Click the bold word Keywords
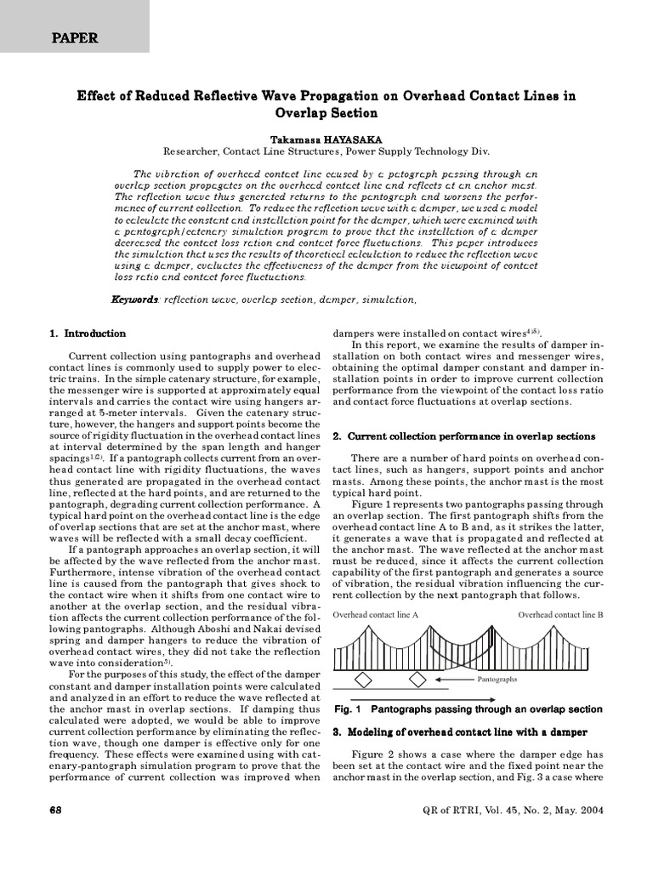(x=134, y=300)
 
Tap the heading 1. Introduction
(x=88, y=333)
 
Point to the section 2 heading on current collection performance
(x=463, y=436)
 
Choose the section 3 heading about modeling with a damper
(x=459, y=732)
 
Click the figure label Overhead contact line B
(x=560, y=614)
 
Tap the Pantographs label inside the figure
(x=497, y=680)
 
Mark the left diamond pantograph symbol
(x=363, y=680)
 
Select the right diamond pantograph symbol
(x=417, y=680)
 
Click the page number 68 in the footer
(x=58, y=810)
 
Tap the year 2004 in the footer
(x=588, y=810)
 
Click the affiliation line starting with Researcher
(x=326, y=151)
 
